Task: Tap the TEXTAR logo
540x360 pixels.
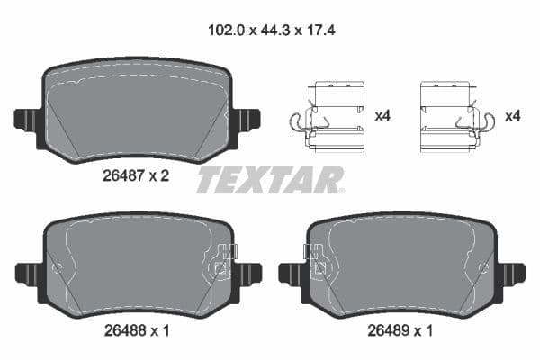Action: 269,179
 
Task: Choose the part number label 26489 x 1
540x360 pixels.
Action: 400,331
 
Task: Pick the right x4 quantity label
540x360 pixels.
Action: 513,117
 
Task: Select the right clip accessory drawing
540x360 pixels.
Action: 455,116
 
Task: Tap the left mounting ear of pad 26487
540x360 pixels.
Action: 27,119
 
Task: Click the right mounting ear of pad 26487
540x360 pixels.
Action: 247,119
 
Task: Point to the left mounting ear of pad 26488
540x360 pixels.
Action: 27,273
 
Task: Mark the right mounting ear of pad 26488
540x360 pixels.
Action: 247,272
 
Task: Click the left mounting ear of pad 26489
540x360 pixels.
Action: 292,273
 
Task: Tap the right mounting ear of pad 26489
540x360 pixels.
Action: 511,272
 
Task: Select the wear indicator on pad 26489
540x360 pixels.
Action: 318,261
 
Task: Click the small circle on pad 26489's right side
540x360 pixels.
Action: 487,267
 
